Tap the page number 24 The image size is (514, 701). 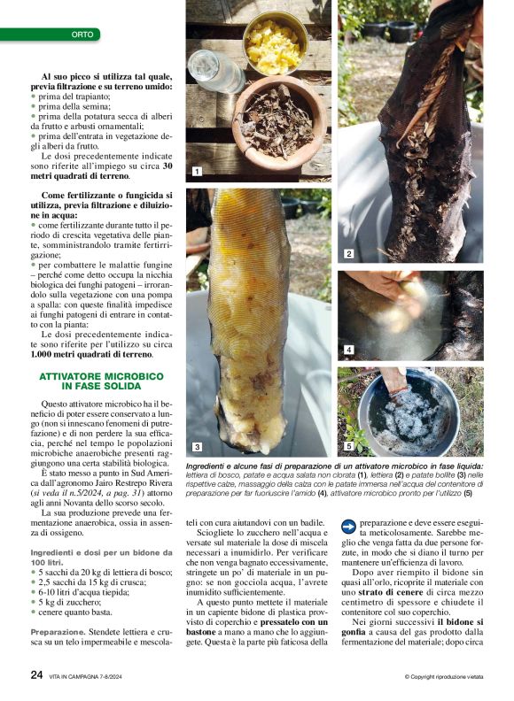click(x=36, y=674)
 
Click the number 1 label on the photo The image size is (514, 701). click(x=197, y=171)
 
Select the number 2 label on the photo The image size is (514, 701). click(x=349, y=254)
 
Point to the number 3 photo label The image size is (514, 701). click(x=197, y=446)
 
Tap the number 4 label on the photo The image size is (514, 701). click(x=349, y=350)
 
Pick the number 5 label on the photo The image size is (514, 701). click(x=349, y=446)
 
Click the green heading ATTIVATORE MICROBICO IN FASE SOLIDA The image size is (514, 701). click(x=101, y=381)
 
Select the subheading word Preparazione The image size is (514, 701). click(x=58, y=632)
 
